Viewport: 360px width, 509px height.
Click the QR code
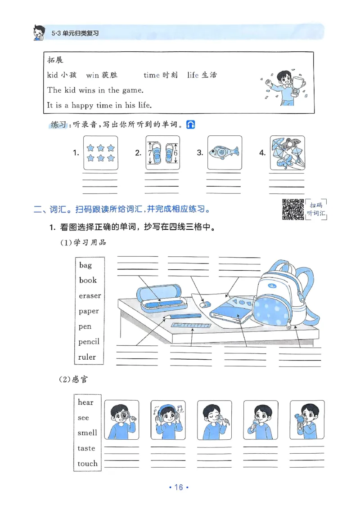293,209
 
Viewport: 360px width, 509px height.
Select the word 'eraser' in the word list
90,295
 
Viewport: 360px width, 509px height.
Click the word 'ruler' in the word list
87,357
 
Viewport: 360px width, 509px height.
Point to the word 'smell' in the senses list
87,433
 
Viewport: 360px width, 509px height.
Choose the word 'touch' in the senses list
87,463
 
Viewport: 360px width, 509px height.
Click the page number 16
179,487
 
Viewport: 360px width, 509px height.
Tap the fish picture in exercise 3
224,152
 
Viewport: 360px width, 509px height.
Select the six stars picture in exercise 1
100,152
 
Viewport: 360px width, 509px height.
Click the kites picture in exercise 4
287,152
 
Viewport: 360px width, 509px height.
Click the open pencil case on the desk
161,299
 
